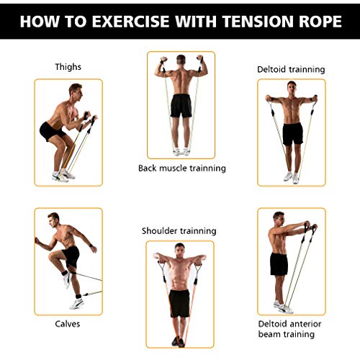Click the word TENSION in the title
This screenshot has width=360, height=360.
pyautogui.click(x=258, y=22)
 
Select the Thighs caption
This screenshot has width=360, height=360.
pyautogui.click(x=68, y=67)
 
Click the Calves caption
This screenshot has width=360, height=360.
pyautogui.click(x=68, y=324)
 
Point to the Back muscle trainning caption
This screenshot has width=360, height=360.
pyautogui.click(x=182, y=168)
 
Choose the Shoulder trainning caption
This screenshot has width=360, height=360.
pyautogui.click(x=179, y=231)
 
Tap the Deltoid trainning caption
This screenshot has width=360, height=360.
pyautogui.click(x=291, y=69)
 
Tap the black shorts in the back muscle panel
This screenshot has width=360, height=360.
pyautogui.click(x=181, y=106)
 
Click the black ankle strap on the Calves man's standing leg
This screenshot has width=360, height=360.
pyautogui.click(x=78, y=297)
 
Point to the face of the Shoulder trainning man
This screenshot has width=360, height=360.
pyautogui.click(x=180, y=251)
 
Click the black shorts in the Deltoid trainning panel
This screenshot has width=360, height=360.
pyautogui.click(x=293, y=134)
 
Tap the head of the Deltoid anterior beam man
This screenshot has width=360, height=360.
pyautogui.click(x=279, y=219)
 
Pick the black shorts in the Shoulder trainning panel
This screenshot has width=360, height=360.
pyautogui.click(x=179, y=303)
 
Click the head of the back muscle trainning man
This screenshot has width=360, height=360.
pyautogui.click(x=181, y=60)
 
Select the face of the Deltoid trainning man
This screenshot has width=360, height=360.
pyautogui.click(x=292, y=88)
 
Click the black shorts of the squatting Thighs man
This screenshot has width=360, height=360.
pyautogui.click(x=51, y=131)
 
